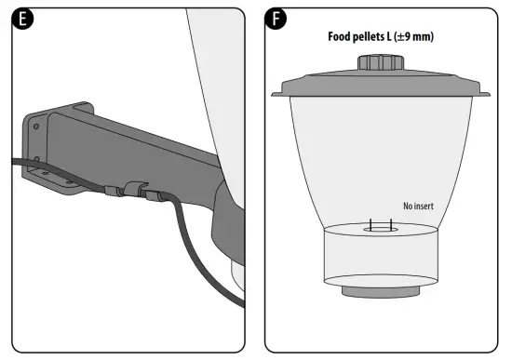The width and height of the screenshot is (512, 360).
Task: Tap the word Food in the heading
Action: [342, 37]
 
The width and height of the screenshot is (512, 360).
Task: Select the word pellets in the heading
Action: [378, 37]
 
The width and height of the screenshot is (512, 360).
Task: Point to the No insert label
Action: [419, 207]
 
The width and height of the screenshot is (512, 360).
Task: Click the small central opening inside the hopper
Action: [382, 226]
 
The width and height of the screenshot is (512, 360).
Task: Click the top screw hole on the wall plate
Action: [35, 122]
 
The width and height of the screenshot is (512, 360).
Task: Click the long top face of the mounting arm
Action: [149, 130]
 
